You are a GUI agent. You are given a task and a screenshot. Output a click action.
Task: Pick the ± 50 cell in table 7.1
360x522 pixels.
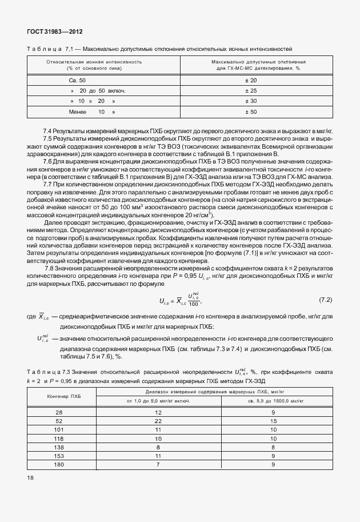[254, 111]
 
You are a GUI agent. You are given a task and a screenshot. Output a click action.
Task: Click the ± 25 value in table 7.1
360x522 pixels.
[254, 90]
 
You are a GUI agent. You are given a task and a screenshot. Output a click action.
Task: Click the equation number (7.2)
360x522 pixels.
[325, 300]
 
